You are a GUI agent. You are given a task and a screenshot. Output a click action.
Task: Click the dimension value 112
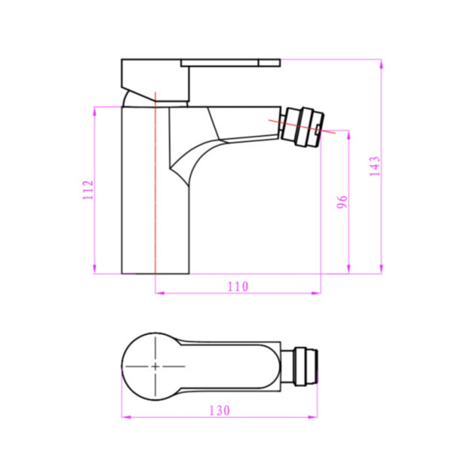pos(85,191)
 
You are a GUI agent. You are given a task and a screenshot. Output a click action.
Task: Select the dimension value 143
pos(375,166)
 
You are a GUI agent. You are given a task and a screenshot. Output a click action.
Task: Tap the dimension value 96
pos(342,203)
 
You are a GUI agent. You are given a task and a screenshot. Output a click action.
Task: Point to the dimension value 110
pos(237,287)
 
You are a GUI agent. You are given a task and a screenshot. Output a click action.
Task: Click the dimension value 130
pos(219,410)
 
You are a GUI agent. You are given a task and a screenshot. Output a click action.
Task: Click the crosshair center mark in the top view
pos(155,366)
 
